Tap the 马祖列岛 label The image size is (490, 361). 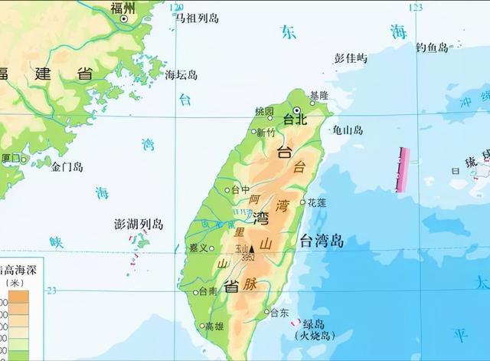(x=196, y=17)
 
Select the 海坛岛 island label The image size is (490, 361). (x=181, y=74)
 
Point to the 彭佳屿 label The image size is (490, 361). (x=351, y=57)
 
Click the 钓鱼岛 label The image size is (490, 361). (x=433, y=48)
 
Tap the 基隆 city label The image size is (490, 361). (x=318, y=95)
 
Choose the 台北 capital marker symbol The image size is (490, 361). (x=296, y=110)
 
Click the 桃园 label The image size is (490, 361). (x=264, y=110)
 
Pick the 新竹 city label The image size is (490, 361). (x=265, y=132)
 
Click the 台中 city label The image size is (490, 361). (x=240, y=189)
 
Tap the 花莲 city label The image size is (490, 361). (x=316, y=202)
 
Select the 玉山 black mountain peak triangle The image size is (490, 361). (x=250, y=248)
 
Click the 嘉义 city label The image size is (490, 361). (x=198, y=248)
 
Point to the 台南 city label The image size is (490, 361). (x=207, y=291)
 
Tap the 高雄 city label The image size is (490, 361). (x=214, y=326)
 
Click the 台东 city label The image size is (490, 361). (x=279, y=312)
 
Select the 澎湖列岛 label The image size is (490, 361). (x=138, y=224)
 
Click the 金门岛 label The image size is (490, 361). (x=67, y=166)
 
